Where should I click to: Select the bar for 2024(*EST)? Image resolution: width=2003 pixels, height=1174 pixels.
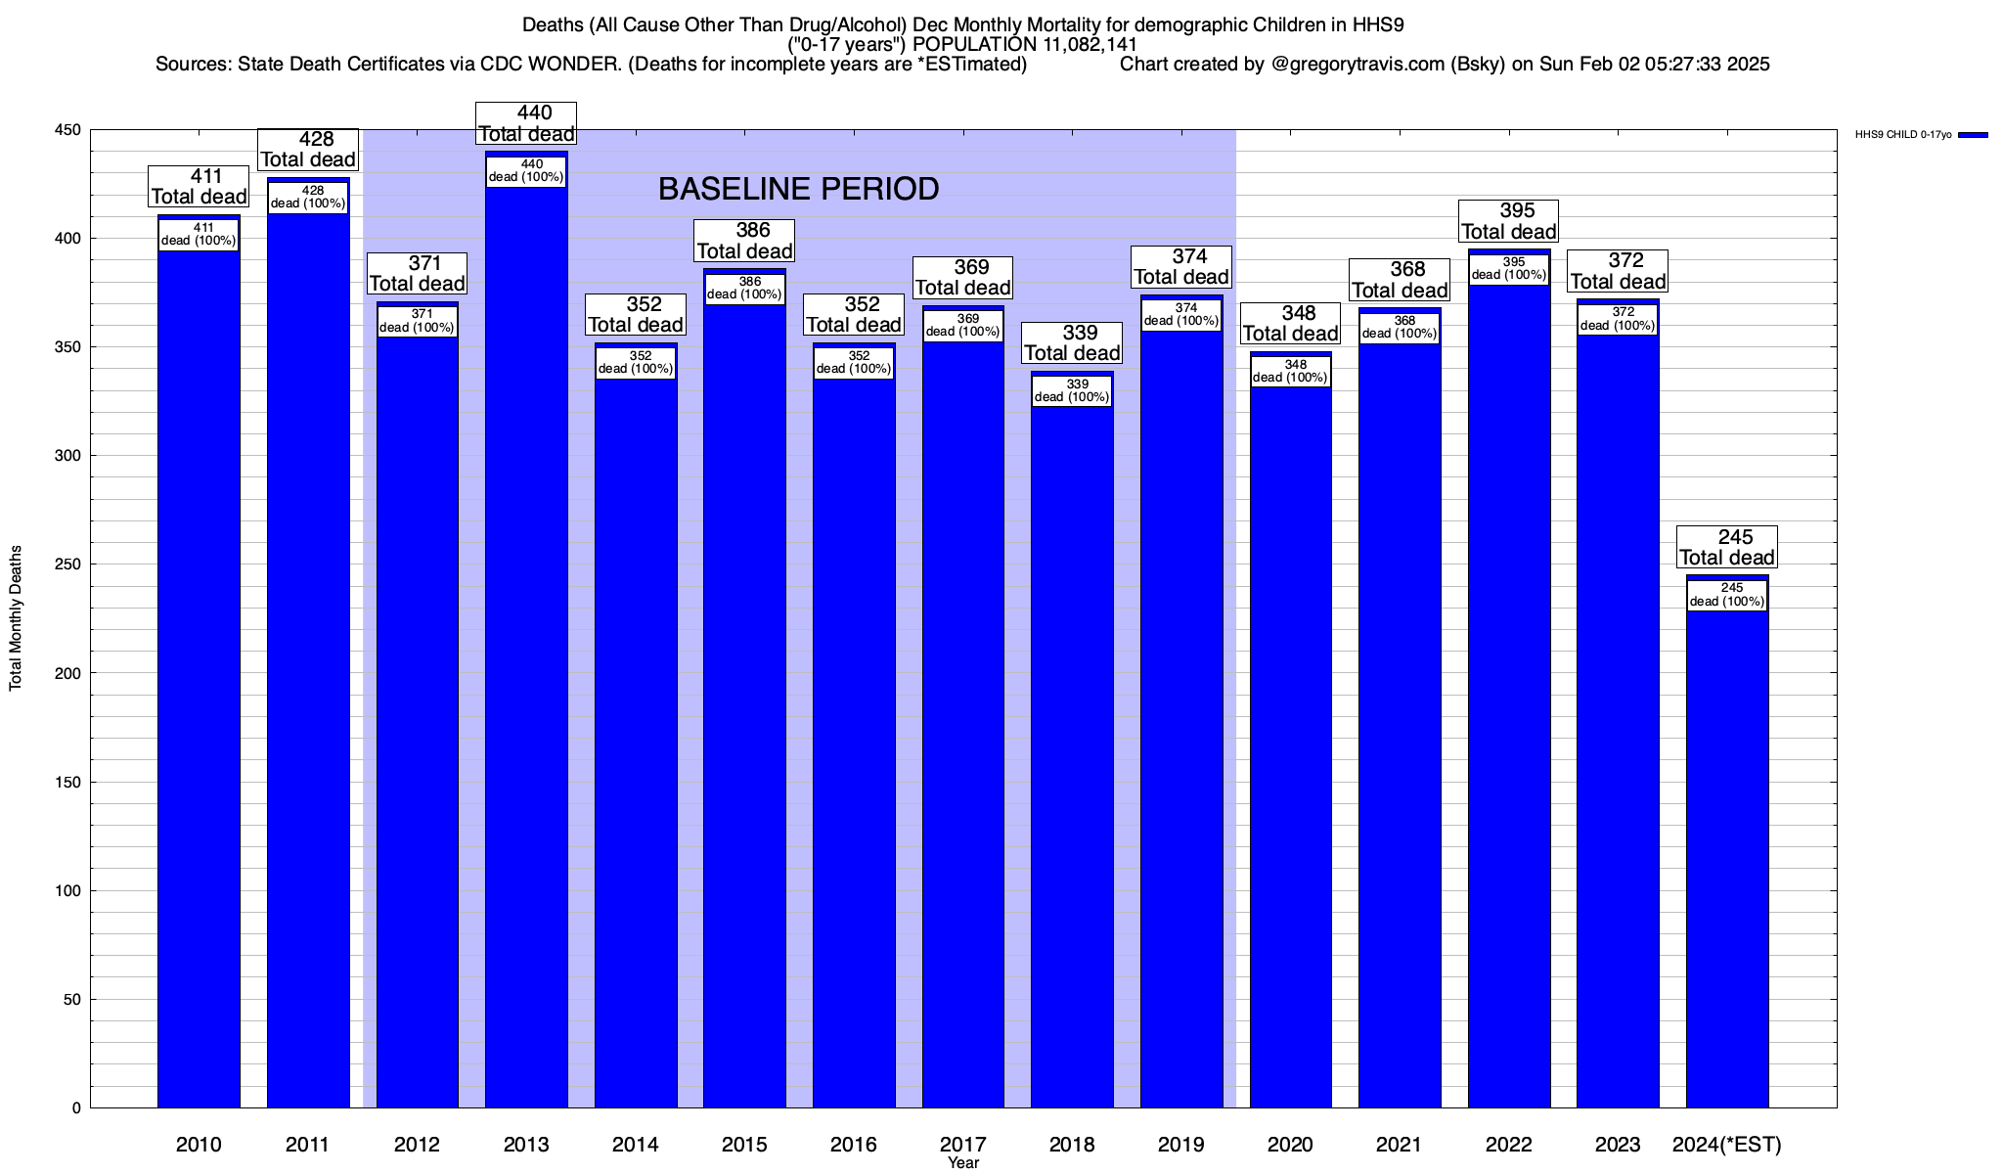pyautogui.click(x=1727, y=861)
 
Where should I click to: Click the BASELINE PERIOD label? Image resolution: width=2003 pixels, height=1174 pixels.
pyautogui.click(x=798, y=189)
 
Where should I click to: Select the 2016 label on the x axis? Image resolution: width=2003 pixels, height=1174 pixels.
pyautogui.click(x=854, y=1144)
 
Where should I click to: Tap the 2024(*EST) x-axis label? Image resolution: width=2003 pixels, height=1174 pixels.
pyautogui.click(x=1727, y=1144)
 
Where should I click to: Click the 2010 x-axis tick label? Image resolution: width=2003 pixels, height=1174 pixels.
pyautogui.click(x=199, y=1144)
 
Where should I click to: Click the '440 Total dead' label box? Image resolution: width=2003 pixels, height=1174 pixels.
pyautogui.click(x=526, y=124)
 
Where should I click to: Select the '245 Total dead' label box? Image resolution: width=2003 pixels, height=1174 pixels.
pyautogui.click(x=1727, y=548)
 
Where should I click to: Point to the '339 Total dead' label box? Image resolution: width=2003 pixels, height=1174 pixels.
pyautogui.click(x=1072, y=343)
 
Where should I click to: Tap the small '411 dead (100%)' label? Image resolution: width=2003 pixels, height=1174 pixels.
pyautogui.click(x=199, y=235)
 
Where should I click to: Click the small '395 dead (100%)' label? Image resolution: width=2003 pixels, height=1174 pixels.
pyautogui.click(x=1509, y=269)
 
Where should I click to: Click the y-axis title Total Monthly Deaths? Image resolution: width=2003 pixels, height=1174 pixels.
pyautogui.click(x=16, y=618)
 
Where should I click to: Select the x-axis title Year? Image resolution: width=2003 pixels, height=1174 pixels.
pyautogui.click(x=963, y=1163)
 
